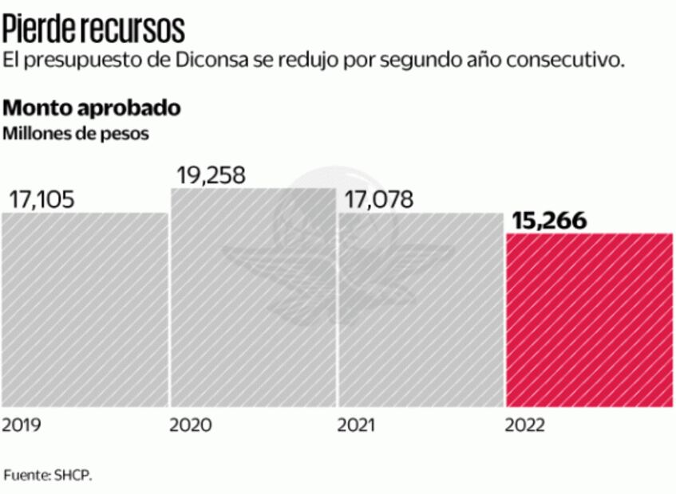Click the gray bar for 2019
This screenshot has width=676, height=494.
(84, 311)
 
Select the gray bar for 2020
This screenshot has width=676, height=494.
(252, 299)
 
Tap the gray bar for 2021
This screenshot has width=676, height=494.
(421, 311)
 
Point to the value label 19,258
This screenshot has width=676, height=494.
(211, 174)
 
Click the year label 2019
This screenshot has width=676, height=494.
(22, 425)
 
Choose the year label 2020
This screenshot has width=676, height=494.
(191, 425)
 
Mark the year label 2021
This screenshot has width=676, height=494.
(357, 425)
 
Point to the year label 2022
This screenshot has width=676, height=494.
(525, 425)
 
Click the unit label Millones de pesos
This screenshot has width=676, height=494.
(76, 133)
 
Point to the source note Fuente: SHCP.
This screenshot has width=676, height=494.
(49, 476)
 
